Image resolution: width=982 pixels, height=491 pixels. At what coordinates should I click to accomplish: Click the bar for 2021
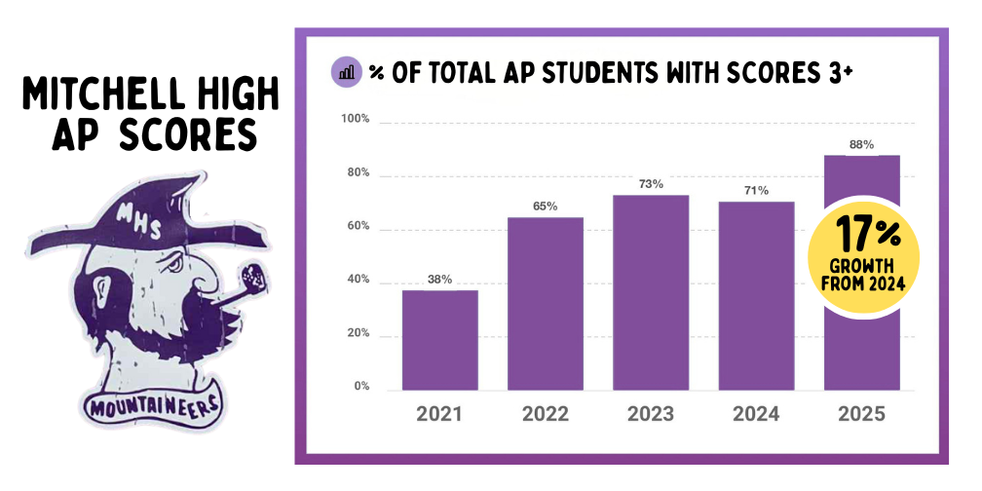click(439, 340)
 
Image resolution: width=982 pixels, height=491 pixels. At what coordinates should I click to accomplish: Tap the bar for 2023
click(651, 292)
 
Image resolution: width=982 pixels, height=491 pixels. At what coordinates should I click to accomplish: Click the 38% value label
click(439, 280)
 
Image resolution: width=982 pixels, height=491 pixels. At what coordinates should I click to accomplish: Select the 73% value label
click(651, 184)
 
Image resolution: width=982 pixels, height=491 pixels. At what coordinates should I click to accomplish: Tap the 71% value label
click(756, 191)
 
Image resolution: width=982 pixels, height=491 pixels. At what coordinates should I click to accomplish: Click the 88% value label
click(861, 144)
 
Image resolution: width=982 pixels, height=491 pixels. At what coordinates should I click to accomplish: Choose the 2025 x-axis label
click(861, 414)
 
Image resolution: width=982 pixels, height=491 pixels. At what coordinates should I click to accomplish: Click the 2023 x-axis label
click(651, 414)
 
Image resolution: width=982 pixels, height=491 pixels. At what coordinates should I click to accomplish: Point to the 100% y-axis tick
click(356, 120)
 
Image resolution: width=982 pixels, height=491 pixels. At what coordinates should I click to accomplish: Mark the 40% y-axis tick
click(358, 280)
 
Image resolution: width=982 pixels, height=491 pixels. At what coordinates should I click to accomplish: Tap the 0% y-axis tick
click(361, 387)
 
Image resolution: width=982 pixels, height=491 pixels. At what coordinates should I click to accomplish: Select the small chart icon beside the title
click(346, 72)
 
